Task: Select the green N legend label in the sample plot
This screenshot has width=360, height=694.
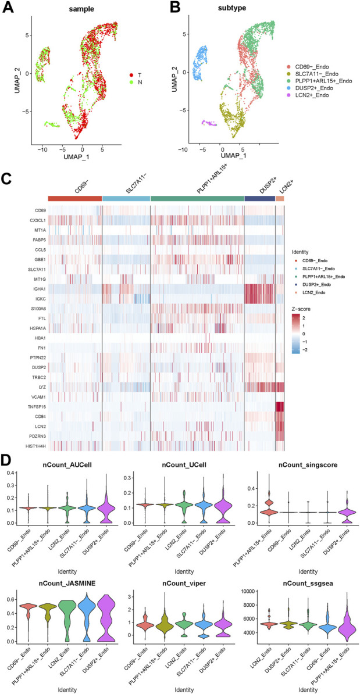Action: click(141, 84)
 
